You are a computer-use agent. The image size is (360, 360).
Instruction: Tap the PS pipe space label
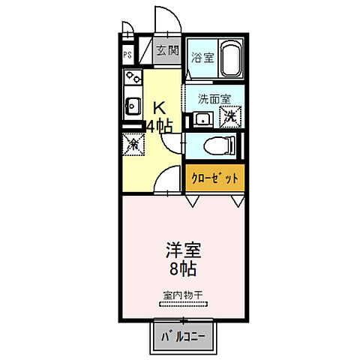click(127, 54)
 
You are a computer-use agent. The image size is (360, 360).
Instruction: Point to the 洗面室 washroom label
click(214, 98)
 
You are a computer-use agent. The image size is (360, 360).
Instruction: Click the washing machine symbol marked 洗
click(231, 116)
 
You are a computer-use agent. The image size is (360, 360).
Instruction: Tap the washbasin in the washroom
click(199, 118)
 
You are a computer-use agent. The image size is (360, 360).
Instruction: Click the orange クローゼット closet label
click(215, 178)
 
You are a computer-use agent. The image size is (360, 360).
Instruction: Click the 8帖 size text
click(183, 268)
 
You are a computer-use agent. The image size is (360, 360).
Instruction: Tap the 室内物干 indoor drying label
click(182, 295)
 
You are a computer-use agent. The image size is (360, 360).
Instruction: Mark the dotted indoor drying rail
click(182, 305)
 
